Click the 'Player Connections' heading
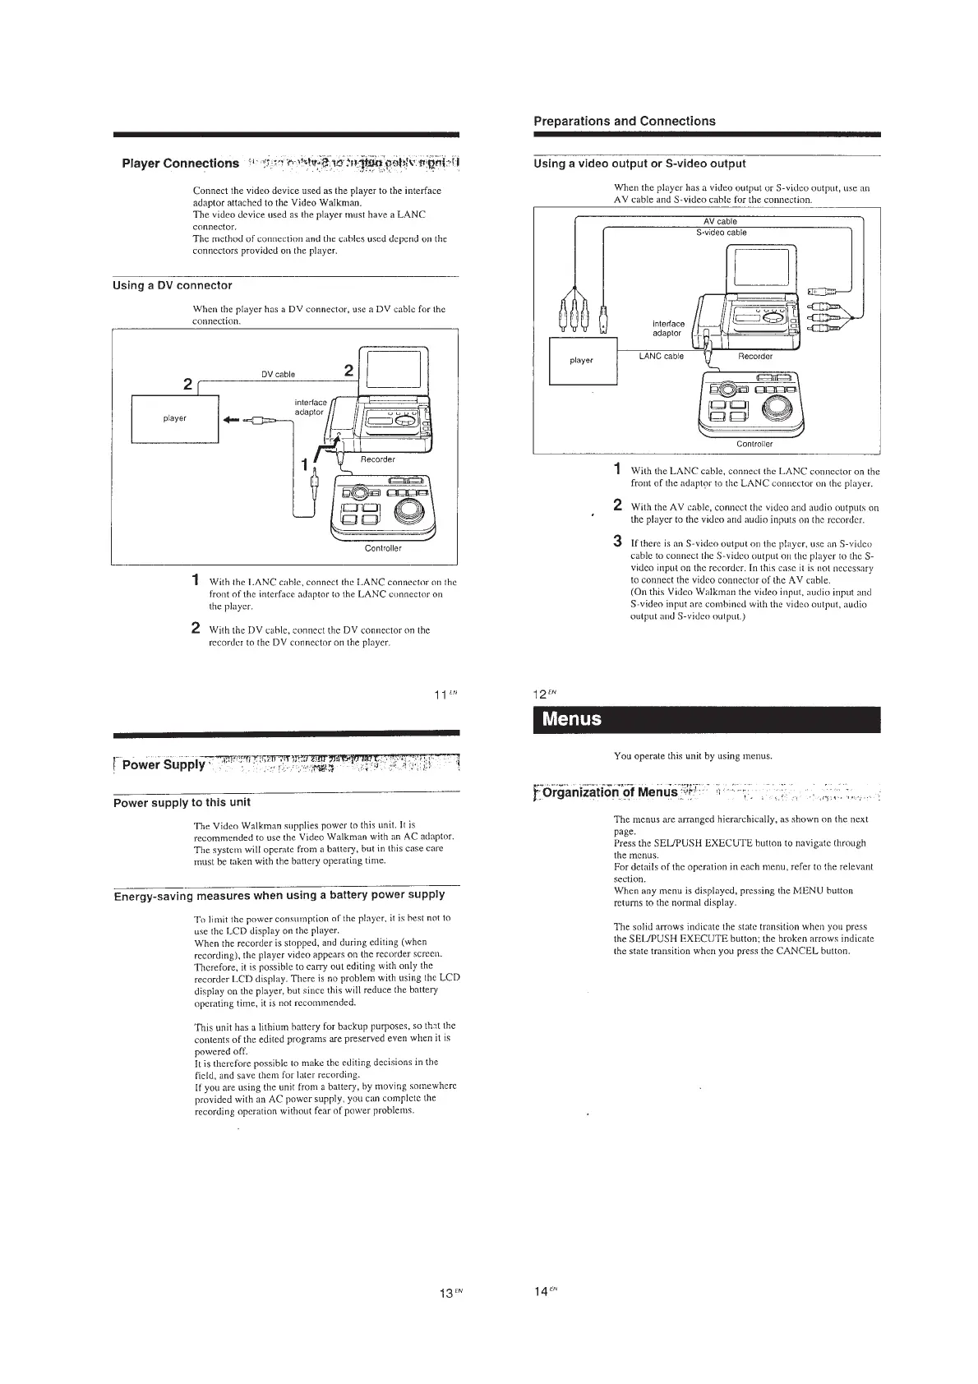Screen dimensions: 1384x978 point(180,164)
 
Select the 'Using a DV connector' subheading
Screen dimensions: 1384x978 point(172,286)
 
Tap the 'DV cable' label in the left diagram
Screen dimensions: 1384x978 point(278,375)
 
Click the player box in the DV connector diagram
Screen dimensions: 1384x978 point(174,418)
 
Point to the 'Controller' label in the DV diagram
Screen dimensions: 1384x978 point(383,548)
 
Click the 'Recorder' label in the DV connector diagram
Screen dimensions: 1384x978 point(378,459)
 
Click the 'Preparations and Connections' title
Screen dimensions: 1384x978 point(625,122)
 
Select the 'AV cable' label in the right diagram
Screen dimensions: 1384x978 point(720,221)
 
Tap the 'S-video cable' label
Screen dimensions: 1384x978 point(720,233)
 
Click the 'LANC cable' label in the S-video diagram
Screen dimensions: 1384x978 point(662,357)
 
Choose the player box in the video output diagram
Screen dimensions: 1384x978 point(582,361)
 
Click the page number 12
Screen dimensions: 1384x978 point(542,696)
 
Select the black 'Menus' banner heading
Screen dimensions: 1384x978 point(707,719)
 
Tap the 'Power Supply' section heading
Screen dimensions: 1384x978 point(163,765)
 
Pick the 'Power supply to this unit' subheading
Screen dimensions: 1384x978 point(182,802)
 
